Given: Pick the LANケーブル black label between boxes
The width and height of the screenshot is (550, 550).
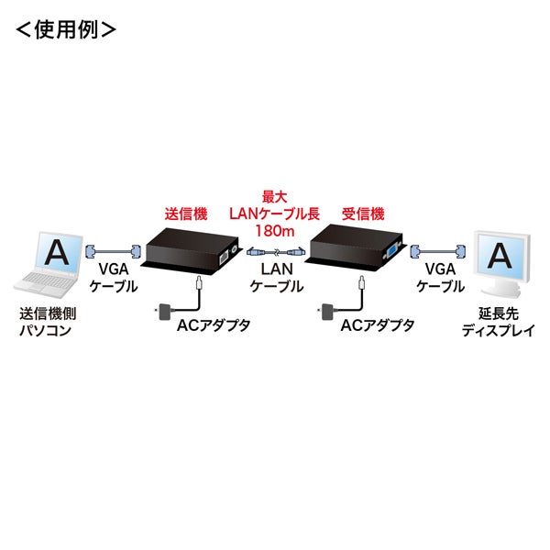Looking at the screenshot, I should (276, 278).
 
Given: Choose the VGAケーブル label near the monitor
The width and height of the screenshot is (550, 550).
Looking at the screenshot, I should (436, 278).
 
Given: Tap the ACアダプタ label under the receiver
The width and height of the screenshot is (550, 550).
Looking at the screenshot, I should (376, 324).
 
